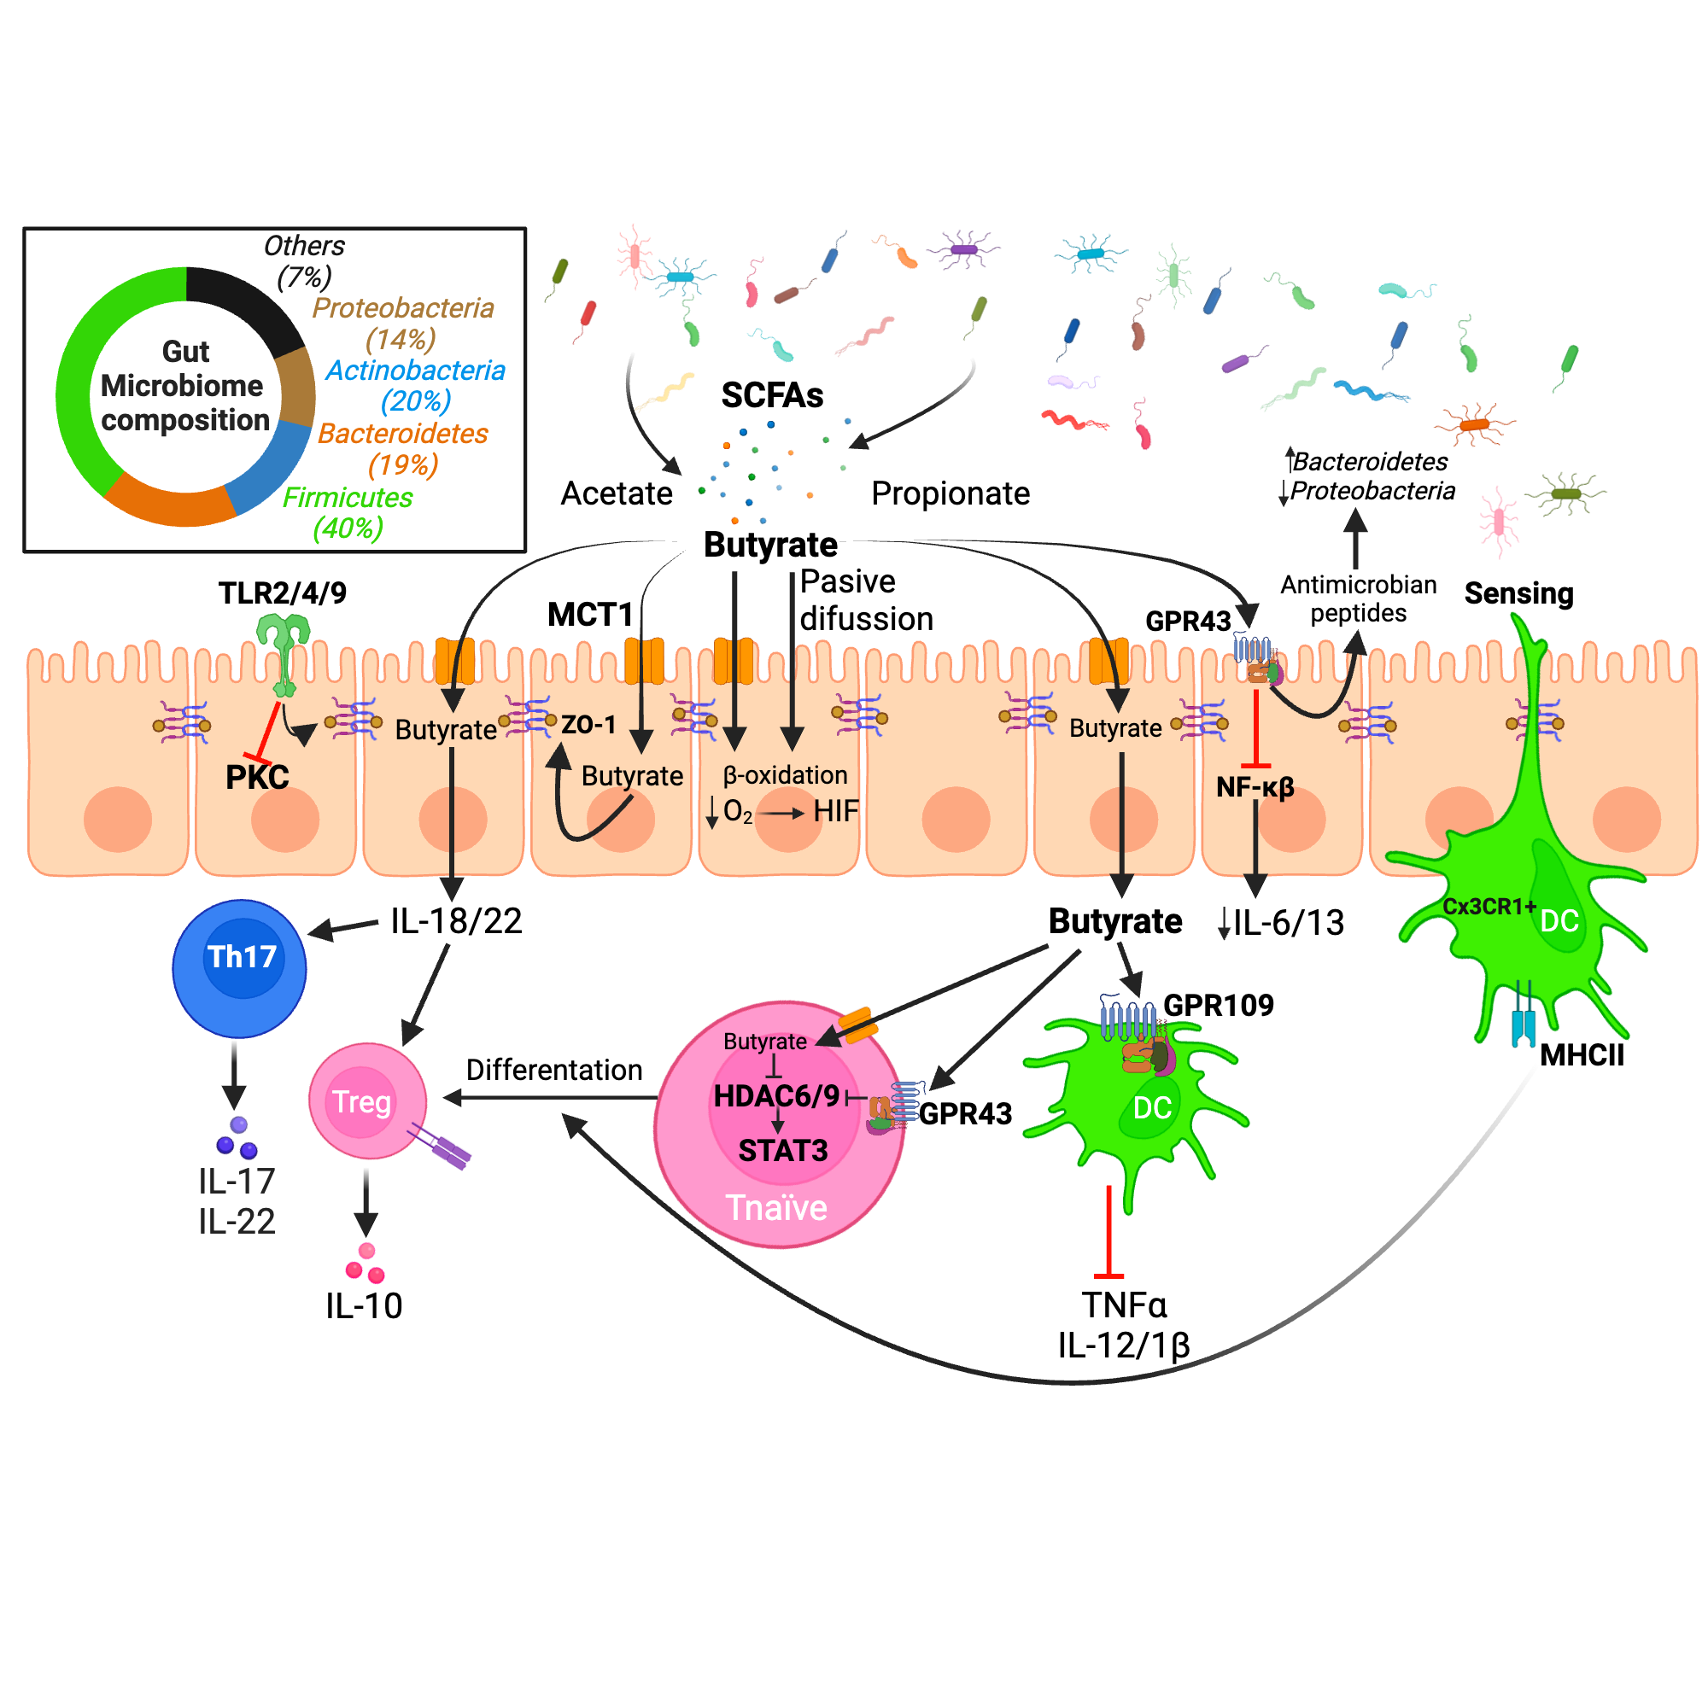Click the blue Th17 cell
(x=239, y=968)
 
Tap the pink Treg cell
(x=367, y=1101)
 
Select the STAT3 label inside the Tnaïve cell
(x=782, y=1151)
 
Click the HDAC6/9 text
(x=775, y=1096)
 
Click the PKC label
(x=257, y=778)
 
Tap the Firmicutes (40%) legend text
(x=348, y=512)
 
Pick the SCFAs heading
(x=772, y=395)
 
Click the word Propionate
(x=951, y=493)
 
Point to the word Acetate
(x=617, y=493)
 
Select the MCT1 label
(x=589, y=614)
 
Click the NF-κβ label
(x=1255, y=786)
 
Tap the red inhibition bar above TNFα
(x=1108, y=1233)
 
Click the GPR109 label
(x=1219, y=1005)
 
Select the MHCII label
(x=1582, y=1054)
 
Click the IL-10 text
(x=363, y=1305)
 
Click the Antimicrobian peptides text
(x=1358, y=598)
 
